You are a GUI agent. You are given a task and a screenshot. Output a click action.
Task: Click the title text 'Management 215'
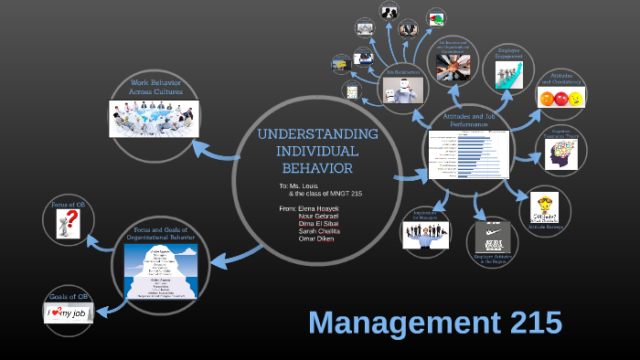(434, 323)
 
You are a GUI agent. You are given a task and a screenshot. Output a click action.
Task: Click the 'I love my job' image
(69, 312)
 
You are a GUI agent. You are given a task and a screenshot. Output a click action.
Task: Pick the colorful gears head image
(560, 155)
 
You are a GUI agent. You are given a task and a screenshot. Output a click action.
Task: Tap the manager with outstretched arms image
(426, 234)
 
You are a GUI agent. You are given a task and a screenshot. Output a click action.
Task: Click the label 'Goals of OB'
(69, 297)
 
